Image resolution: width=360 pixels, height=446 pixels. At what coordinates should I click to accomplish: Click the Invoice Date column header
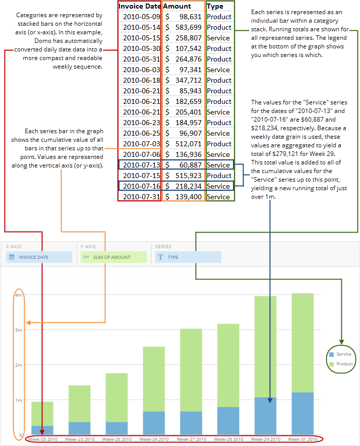click(140, 6)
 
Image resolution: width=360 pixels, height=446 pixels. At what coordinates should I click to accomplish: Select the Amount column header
click(177, 6)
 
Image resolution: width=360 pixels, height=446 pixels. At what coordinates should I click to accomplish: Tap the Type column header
click(215, 6)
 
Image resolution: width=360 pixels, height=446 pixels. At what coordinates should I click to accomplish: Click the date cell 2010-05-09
click(141, 17)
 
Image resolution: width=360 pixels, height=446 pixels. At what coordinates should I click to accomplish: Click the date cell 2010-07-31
click(141, 197)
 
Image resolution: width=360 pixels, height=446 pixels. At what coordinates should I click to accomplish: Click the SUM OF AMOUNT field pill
click(113, 257)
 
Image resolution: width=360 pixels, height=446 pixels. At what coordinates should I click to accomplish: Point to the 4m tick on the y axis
click(19, 295)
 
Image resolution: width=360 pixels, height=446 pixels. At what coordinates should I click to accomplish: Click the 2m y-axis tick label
click(19, 365)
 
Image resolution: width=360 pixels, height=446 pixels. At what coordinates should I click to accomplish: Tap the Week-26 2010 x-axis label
click(154, 439)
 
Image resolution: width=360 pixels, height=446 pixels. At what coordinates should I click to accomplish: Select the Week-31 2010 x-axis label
click(303, 439)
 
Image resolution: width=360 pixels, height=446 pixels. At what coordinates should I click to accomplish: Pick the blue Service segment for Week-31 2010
click(303, 414)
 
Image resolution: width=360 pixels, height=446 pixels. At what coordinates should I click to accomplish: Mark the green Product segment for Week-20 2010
click(42, 414)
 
